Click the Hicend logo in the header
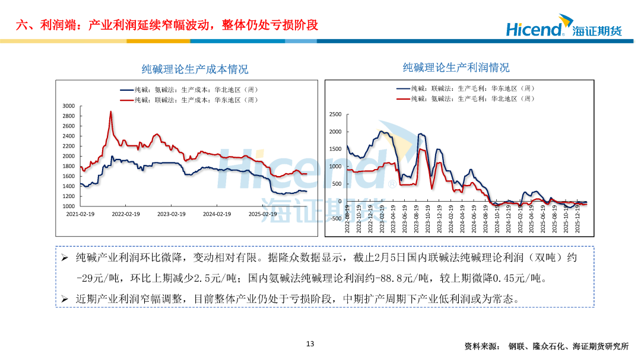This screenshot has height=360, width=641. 563,28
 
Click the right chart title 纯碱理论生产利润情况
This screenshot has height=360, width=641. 456,68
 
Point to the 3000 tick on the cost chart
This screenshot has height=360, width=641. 68,106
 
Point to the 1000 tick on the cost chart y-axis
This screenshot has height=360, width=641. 68,206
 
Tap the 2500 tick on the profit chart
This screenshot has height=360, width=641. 335,114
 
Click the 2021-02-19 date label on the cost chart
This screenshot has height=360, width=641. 80,214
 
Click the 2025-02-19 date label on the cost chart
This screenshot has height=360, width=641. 262,214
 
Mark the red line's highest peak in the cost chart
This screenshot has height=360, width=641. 110,112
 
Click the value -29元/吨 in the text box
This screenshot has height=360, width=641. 100,278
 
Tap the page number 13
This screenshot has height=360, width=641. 309,344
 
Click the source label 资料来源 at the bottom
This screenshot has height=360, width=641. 482,346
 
